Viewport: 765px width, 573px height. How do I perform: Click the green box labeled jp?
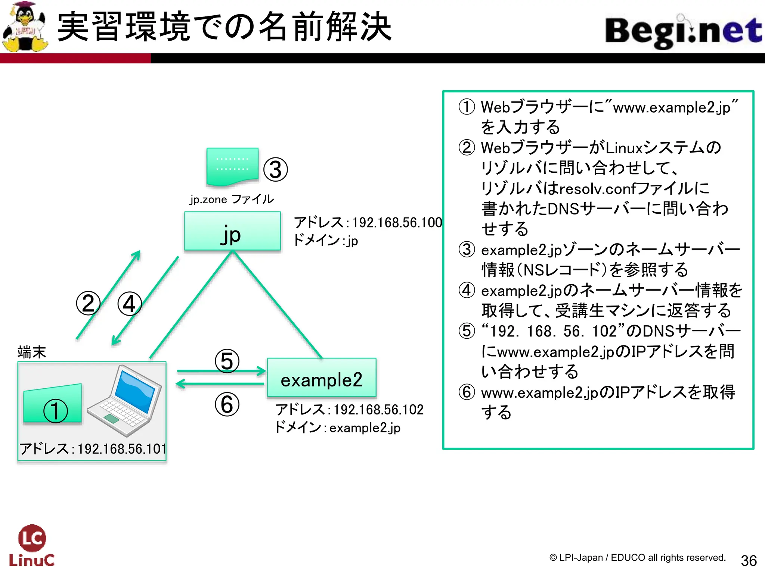pyautogui.click(x=232, y=231)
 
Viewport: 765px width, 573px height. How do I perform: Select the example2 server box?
pyautogui.click(x=322, y=378)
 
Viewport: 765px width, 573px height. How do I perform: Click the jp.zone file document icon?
pyautogui.click(x=232, y=166)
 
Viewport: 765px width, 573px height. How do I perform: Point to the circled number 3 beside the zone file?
pyautogui.click(x=275, y=170)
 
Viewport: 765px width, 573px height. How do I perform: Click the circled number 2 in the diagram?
pyautogui.click(x=88, y=303)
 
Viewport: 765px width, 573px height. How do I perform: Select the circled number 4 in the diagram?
pyautogui.click(x=129, y=304)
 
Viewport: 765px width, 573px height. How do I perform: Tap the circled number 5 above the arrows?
pyautogui.click(x=227, y=361)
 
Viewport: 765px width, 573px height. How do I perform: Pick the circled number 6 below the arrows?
pyautogui.click(x=227, y=405)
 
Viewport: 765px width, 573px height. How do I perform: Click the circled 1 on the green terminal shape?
pyautogui.click(x=56, y=411)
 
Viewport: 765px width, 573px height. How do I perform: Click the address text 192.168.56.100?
pyautogui.click(x=397, y=223)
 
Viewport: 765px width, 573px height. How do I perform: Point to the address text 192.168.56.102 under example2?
pyautogui.click(x=378, y=410)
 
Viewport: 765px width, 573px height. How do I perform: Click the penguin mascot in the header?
pyautogui.click(x=25, y=27)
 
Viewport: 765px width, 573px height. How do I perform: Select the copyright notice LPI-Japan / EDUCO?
pyautogui.click(x=637, y=558)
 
